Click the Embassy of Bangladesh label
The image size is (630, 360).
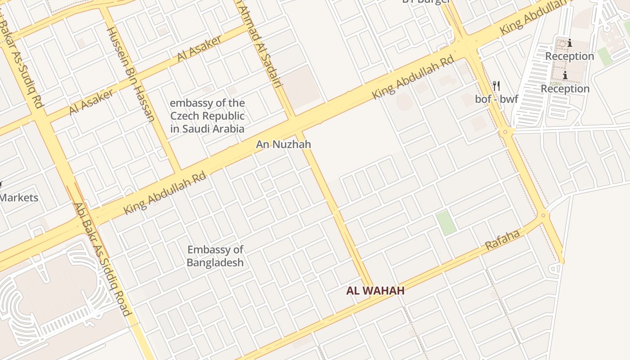pos(216,256)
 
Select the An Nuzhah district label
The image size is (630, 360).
pos(283,144)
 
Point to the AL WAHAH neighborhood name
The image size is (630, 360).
pos(375,291)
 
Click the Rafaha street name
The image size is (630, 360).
pos(503,240)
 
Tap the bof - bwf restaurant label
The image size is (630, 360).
pos(496,99)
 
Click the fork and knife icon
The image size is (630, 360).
pos(496,85)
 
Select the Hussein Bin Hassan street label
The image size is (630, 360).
pos(130,75)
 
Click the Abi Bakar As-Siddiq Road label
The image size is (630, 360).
pos(103,260)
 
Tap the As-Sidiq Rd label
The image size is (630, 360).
pos(22,63)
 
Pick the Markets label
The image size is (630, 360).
pos(19,198)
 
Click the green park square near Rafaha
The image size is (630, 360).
pos(446,223)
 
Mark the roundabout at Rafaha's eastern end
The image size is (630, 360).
pos(543,216)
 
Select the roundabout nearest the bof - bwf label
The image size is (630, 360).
pos(506,131)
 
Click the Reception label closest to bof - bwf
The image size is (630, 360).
pos(565,89)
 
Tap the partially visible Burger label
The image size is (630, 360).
pos(427,1)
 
